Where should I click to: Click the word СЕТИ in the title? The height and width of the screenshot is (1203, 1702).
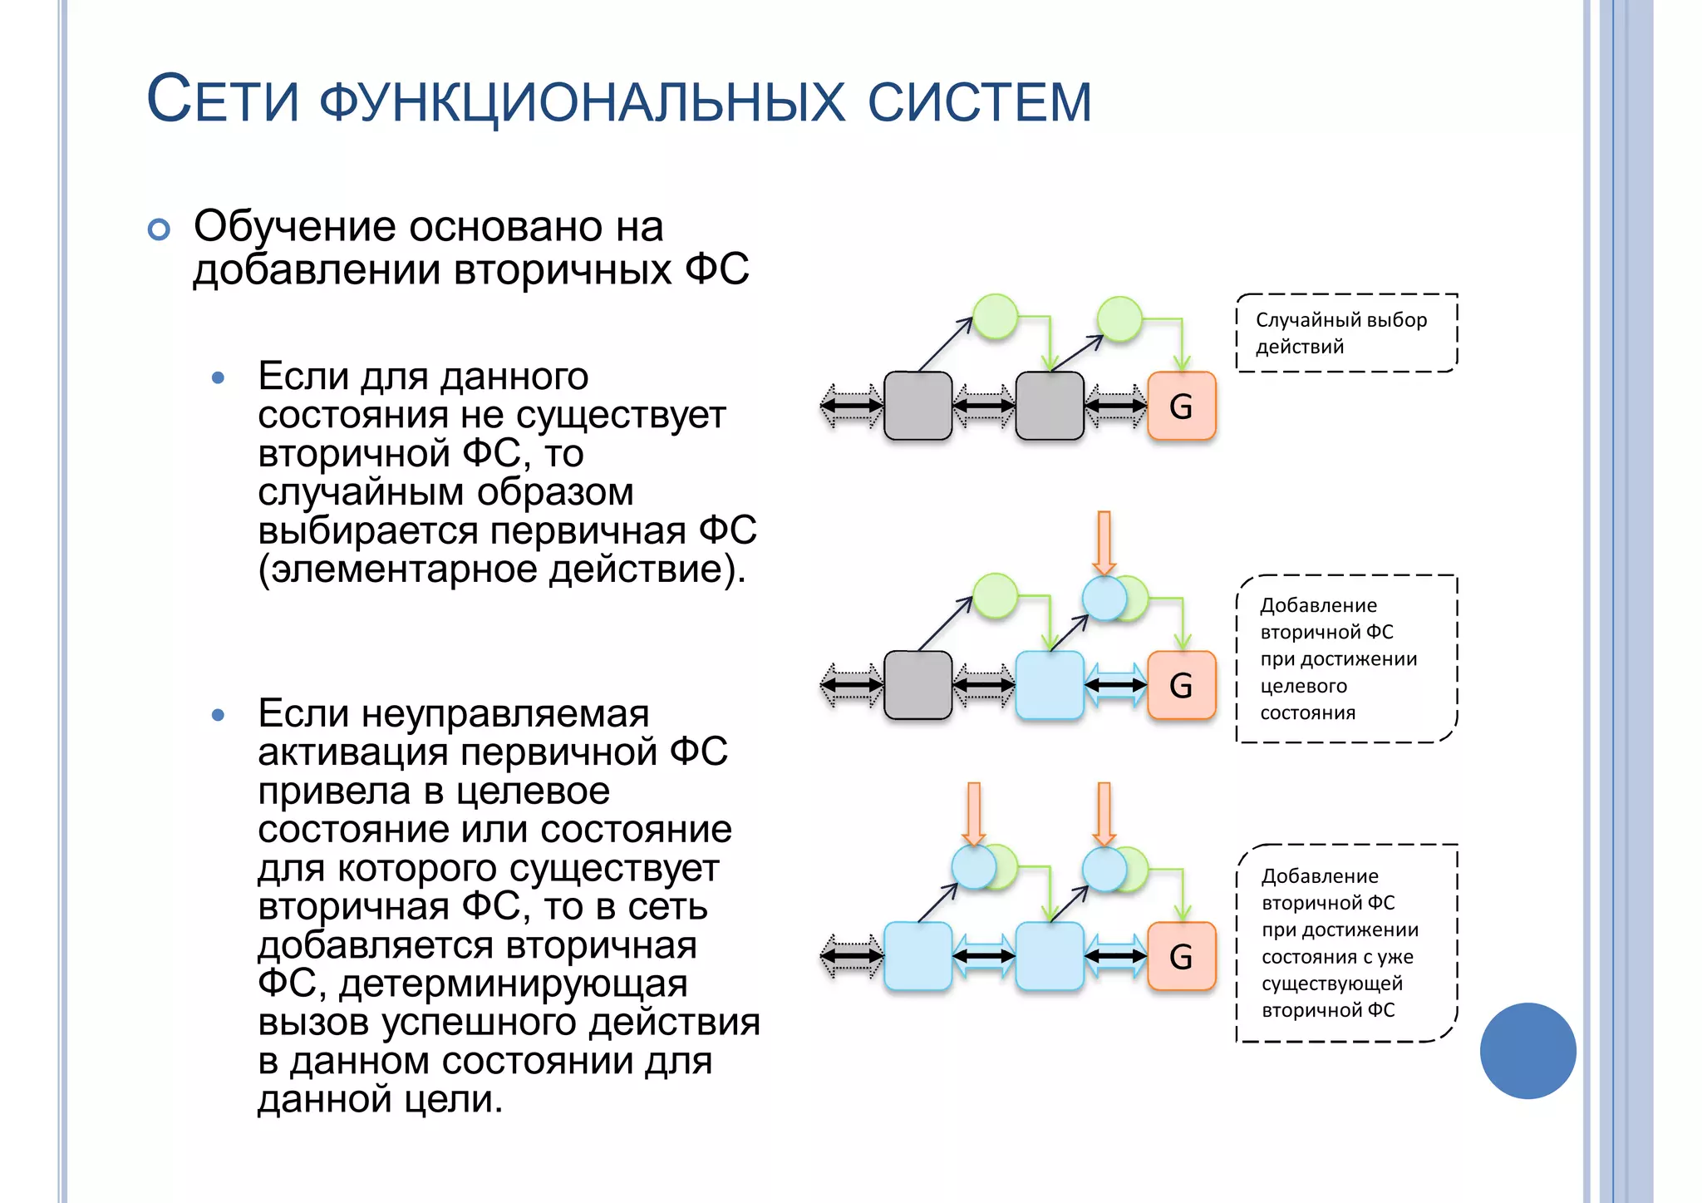click(x=223, y=100)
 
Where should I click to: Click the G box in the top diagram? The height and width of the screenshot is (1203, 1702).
click(x=1181, y=406)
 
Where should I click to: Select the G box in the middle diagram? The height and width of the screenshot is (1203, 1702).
click(x=1181, y=685)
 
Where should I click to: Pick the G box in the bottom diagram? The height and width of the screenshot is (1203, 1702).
click(x=1181, y=956)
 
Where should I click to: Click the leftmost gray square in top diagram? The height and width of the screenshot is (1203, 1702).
click(x=917, y=406)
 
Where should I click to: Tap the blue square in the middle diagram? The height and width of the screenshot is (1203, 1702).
click(x=1050, y=685)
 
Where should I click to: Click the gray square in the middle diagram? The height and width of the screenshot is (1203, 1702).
click(x=917, y=685)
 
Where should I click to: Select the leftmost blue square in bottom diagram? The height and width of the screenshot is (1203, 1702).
click(x=917, y=956)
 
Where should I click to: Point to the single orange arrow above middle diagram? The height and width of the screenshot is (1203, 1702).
click(x=1104, y=542)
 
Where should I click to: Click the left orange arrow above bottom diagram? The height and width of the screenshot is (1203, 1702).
click(x=974, y=813)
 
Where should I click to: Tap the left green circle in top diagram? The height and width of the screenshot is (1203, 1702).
click(x=995, y=317)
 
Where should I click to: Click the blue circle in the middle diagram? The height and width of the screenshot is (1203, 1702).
click(x=1103, y=598)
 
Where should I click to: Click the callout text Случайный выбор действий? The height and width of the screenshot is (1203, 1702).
click(x=1340, y=333)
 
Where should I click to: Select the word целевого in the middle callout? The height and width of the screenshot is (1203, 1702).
click(x=1303, y=686)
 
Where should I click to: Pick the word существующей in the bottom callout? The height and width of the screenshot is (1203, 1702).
click(x=1331, y=984)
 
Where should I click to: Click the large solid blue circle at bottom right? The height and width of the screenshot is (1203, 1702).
click(x=1527, y=1051)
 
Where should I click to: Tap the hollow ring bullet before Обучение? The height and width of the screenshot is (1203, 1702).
click(x=159, y=229)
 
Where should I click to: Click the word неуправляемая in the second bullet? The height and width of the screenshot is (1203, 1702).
click(x=505, y=713)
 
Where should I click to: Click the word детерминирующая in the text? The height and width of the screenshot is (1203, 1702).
click(x=513, y=984)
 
